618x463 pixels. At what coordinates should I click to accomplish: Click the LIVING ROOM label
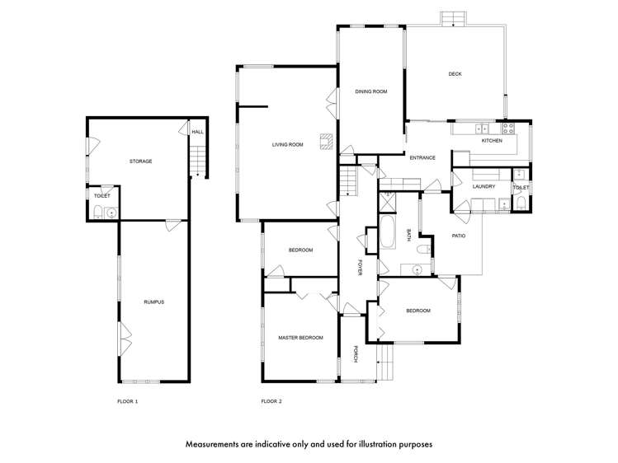pyautogui.click(x=287, y=145)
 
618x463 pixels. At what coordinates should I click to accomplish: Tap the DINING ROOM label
pyautogui.click(x=370, y=91)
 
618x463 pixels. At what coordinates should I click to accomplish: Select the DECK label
pyautogui.click(x=455, y=74)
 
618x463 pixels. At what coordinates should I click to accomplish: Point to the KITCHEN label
pyautogui.click(x=492, y=140)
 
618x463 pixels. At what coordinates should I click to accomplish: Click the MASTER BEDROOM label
pyautogui.click(x=300, y=338)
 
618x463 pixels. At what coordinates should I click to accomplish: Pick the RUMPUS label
pyautogui.click(x=153, y=302)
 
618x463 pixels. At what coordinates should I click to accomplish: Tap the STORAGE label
pyautogui.click(x=141, y=161)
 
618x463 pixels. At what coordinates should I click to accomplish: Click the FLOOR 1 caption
pyautogui.click(x=128, y=402)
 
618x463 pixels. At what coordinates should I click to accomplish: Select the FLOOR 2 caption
pyautogui.click(x=271, y=402)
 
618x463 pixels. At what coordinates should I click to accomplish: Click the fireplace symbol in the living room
pyautogui.click(x=327, y=142)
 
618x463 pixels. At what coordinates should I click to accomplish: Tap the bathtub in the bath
pyautogui.click(x=387, y=232)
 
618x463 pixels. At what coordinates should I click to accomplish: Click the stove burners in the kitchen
pyautogui.click(x=508, y=128)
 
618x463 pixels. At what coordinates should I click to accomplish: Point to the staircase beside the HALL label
pyautogui.click(x=197, y=161)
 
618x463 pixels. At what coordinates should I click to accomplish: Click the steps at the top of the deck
pyautogui.click(x=453, y=19)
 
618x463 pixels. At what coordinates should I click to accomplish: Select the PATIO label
pyautogui.click(x=459, y=236)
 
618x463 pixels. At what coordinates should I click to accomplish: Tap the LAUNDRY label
pyautogui.click(x=484, y=186)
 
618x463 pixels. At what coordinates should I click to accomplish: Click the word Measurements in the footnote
pyautogui.click(x=212, y=445)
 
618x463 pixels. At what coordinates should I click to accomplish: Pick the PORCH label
pyautogui.click(x=355, y=353)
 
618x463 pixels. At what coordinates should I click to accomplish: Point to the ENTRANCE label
pyautogui.click(x=422, y=157)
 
